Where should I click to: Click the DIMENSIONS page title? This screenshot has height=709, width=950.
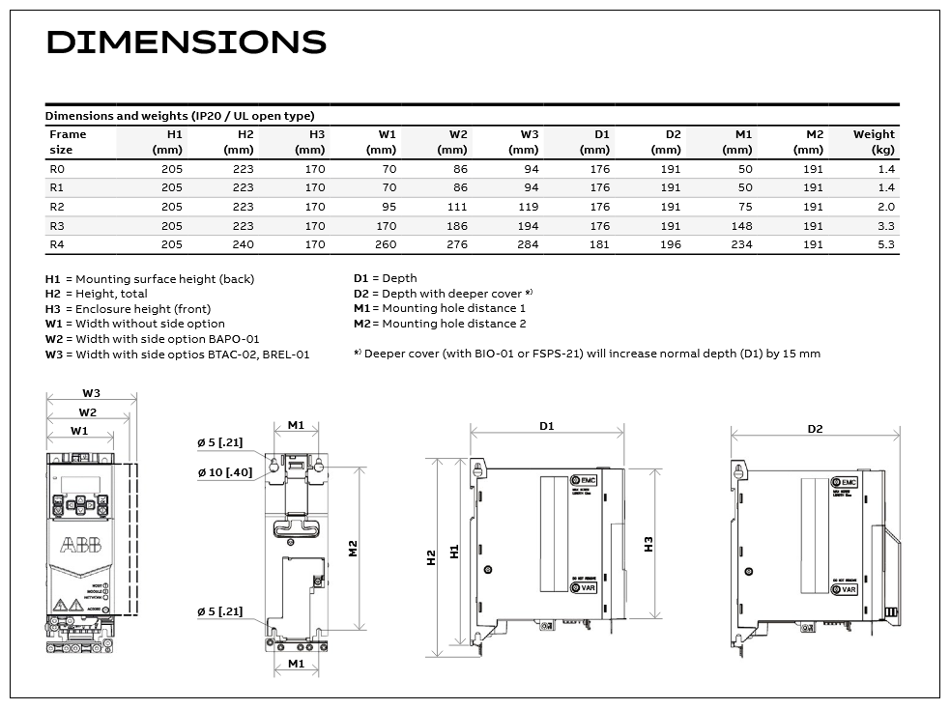pos(186,43)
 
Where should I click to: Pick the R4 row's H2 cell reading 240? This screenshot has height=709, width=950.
pos(243,244)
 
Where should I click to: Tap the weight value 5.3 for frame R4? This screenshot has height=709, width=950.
pos(885,244)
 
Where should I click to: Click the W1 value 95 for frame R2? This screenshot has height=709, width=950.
pos(387,207)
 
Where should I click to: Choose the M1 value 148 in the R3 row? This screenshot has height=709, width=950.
pos(740,226)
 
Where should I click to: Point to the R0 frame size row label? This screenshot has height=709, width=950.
pos(57,169)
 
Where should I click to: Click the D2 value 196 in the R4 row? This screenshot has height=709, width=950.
pos(670,244)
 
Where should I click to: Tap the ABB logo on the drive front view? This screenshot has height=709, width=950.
pos(79,547)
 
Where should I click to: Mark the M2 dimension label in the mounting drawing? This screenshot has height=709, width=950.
pos(354,548)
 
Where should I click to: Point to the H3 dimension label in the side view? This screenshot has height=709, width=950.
pos(648,544)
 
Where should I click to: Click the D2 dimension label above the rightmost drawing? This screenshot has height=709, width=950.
pos(815,428)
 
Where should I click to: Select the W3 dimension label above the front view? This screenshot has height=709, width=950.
pos(91,394)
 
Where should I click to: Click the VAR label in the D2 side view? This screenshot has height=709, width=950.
pos(848,589)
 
